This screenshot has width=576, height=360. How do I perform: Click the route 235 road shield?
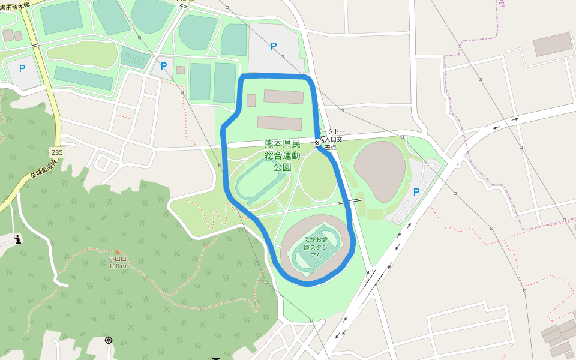pos(57,152)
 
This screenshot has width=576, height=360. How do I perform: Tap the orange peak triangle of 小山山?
pos(118,253)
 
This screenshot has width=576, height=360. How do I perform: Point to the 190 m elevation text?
pos(118,266)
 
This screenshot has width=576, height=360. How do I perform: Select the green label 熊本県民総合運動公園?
pos(282,155)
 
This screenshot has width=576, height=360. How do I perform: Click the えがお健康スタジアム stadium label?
pos(316,247)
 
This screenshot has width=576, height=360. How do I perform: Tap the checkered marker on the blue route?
pos(317,142)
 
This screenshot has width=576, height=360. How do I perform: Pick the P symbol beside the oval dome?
pos(416,192)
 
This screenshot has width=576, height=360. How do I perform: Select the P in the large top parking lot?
pos(274,46)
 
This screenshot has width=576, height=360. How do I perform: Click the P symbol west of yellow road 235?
pos(22,68)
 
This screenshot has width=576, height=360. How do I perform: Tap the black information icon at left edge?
pos(17,239)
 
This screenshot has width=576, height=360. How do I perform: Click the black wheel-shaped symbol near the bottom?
pos(109,340)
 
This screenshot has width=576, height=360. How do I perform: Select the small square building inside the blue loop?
pos(251,100)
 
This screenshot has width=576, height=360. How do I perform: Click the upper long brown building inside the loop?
pos(283,97)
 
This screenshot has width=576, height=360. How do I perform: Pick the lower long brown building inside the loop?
pos(280,123)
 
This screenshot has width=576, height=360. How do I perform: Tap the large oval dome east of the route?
pos(379,172)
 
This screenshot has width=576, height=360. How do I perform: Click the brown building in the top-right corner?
pos(553,44)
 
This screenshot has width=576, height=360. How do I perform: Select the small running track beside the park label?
pos(257,179)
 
